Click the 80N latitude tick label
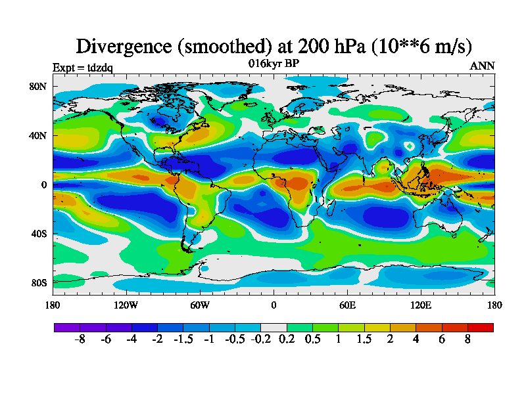[37, 86]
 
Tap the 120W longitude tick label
[126, 305]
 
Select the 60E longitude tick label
[347, 305]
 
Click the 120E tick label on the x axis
[421, 305]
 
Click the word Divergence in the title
[125, 46]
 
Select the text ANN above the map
[482, 66]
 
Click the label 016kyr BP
[274, 63]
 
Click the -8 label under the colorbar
[80, 340]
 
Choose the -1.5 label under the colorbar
[183, 340]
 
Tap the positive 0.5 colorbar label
[312, 340]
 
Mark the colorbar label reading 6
[441, 340]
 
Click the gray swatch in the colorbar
[273, 327]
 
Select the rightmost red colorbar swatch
[480, 327]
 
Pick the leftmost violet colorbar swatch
[66, 327]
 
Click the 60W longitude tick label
[200, 305]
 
